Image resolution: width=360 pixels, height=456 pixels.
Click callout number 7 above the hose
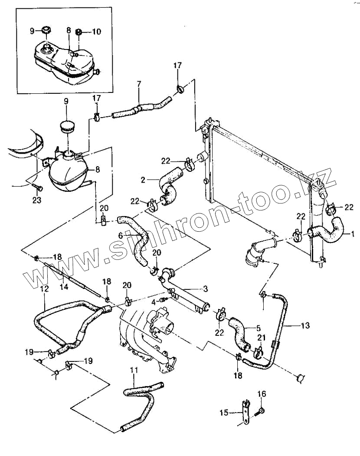(139, 84)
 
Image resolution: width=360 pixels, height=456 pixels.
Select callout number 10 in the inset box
(97, 31)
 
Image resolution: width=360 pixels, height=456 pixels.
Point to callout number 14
(64, 286)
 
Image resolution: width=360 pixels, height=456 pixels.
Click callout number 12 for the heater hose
(45, 289)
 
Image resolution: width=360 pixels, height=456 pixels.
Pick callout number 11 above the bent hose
(134, 370)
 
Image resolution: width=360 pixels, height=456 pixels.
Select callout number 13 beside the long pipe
(305, 325)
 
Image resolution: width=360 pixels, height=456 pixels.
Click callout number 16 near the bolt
(262, 394)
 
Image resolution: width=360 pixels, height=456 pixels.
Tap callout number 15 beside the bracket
(224, 413)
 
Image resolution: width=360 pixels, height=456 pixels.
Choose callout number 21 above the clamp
(262, 338)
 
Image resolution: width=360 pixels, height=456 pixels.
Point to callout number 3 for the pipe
(205, 289)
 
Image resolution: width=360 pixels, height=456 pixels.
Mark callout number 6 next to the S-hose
(121, 236)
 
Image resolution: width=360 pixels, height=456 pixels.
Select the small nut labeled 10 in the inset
(79, 31)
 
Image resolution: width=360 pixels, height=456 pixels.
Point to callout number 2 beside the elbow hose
(143, 180)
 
